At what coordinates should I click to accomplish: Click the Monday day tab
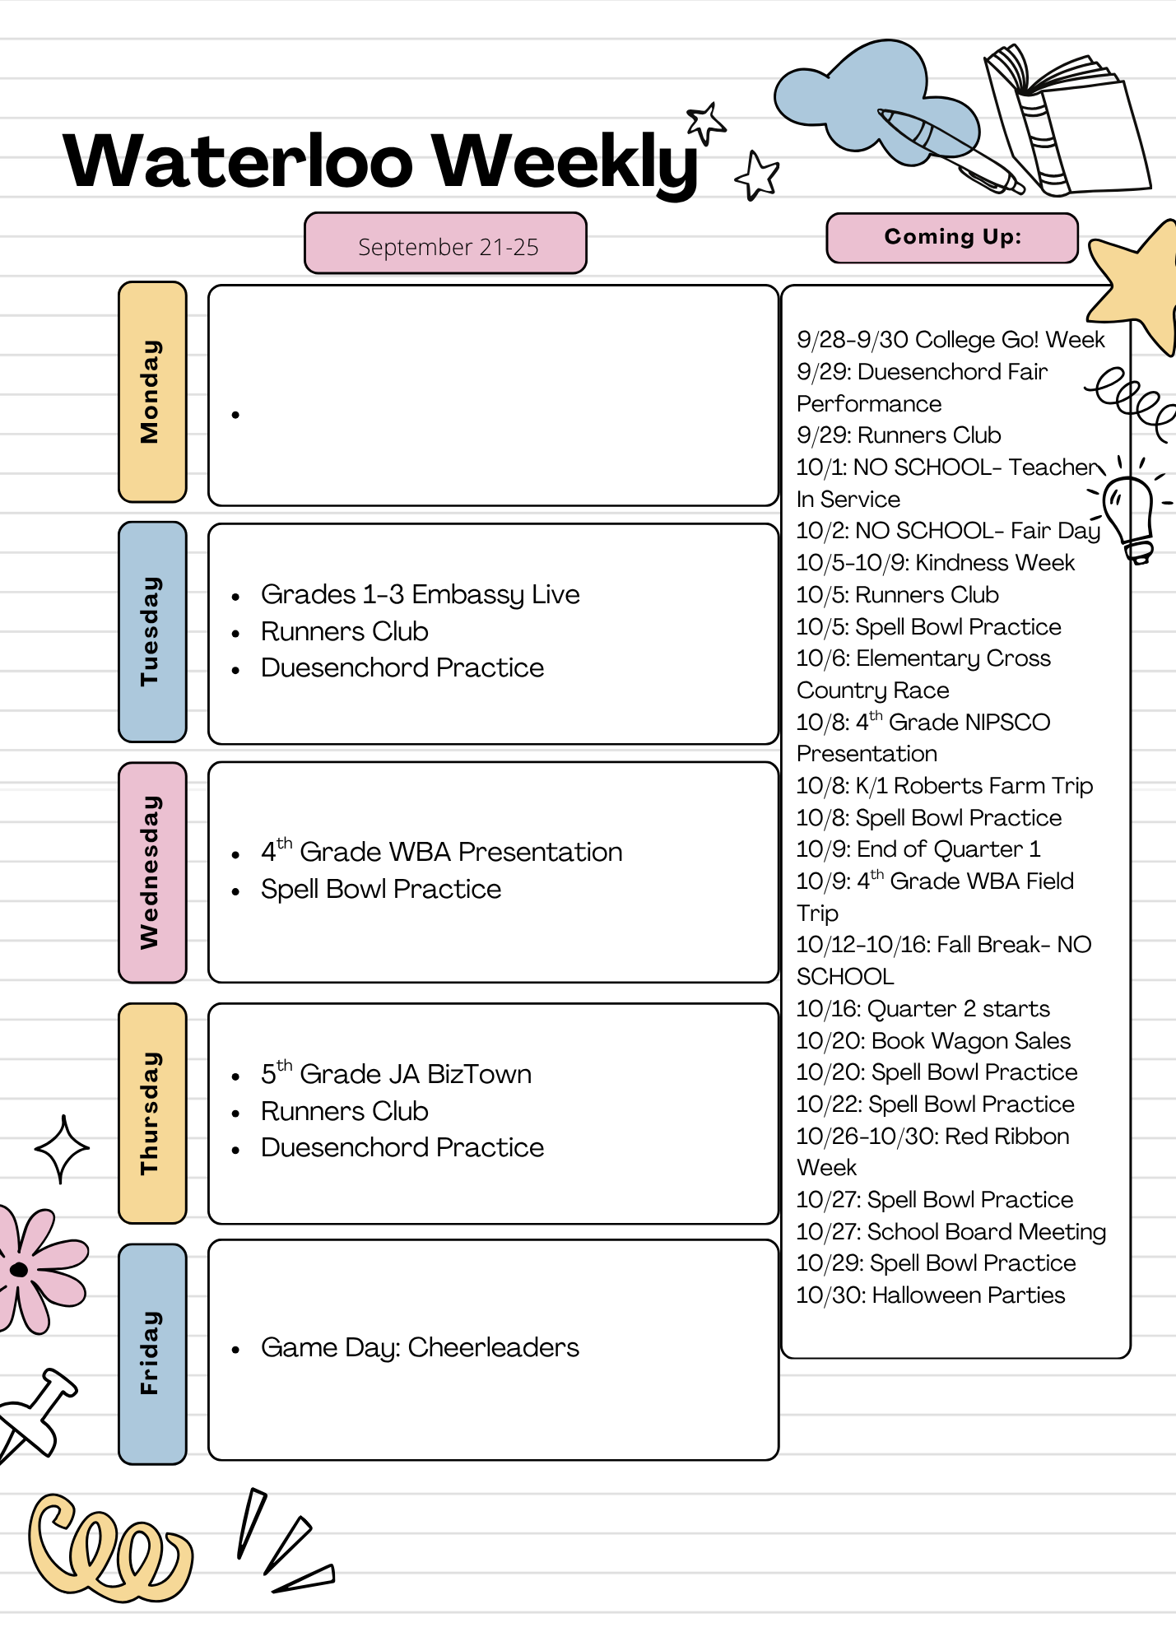click(152, 392)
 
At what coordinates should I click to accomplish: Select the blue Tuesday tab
click(152, 632)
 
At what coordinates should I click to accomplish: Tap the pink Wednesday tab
click(152, 872)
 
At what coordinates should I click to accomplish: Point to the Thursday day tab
click(152, 1113)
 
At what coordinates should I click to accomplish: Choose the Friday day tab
click(152, 1354)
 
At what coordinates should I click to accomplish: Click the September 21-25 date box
click(445, 244)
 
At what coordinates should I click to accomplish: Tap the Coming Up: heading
click(952, 238)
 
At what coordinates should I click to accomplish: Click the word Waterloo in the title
click(239, 161)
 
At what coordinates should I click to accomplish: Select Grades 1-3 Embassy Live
click(420, 594)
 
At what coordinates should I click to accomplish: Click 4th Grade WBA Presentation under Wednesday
click(441, 851)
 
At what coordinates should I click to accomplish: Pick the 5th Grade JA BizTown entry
click(396, 1073)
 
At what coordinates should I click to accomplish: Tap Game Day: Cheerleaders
click(420, 1347)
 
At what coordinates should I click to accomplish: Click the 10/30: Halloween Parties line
click(930, 1295)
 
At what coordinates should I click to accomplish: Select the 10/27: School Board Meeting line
click(951, 1232)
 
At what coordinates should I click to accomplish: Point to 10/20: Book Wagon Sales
click(933, 1041)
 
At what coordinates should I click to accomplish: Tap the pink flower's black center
click(19, 1270)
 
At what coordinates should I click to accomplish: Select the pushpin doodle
click(35, 1416)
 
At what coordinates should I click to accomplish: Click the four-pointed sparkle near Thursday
click(62, 1149)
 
